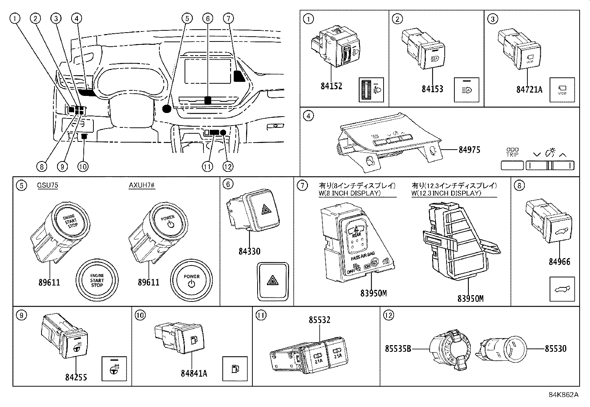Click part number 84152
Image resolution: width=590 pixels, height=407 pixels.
click(x=331, y=86)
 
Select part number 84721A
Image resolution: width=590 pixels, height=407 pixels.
click(x=529, y=89)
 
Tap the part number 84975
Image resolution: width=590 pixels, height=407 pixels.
click(x=469, y=150)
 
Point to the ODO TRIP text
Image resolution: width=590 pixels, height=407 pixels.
click(x=512, y=152)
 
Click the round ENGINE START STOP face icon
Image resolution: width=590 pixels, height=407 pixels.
click(x=97, y=280)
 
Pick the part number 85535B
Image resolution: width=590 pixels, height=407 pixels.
click(x=398, y=348)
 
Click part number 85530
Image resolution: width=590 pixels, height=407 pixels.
click(x=555, y=348)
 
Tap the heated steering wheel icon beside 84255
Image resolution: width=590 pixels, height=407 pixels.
click(x=114, y=369)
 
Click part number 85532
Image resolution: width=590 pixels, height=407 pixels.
click(x=319, y=320)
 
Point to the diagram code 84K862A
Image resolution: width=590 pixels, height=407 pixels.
click(x=563, y=394)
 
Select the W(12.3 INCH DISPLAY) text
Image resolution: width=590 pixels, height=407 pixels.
click(x=446, y=193)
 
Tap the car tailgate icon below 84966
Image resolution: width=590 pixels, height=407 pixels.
click(x=562, y=289)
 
